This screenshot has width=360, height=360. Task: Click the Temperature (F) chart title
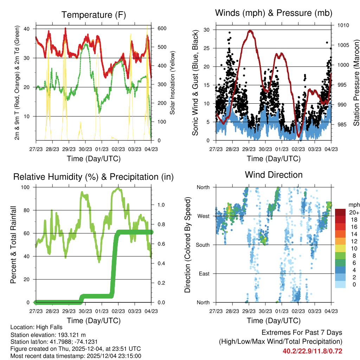(94, 15)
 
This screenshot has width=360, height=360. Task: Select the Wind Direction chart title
(274, 175)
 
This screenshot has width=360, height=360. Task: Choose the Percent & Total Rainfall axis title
(13, 245)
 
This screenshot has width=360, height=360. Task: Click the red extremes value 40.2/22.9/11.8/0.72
(312, 351)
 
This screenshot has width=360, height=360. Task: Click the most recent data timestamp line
(76, 356)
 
